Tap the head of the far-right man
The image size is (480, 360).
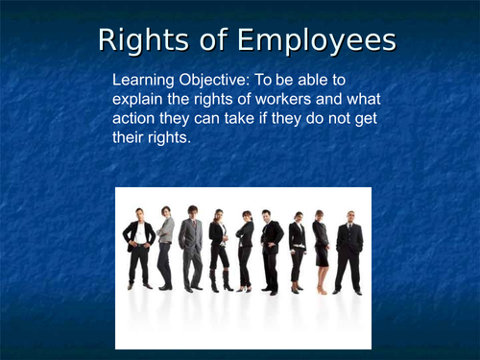350,216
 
